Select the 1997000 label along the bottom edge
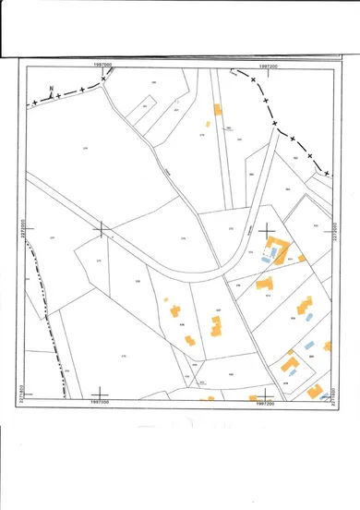click(101, 403)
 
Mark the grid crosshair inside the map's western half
click(102, 227)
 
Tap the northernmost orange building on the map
click(218, 109)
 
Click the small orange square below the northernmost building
click(209, 122)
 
